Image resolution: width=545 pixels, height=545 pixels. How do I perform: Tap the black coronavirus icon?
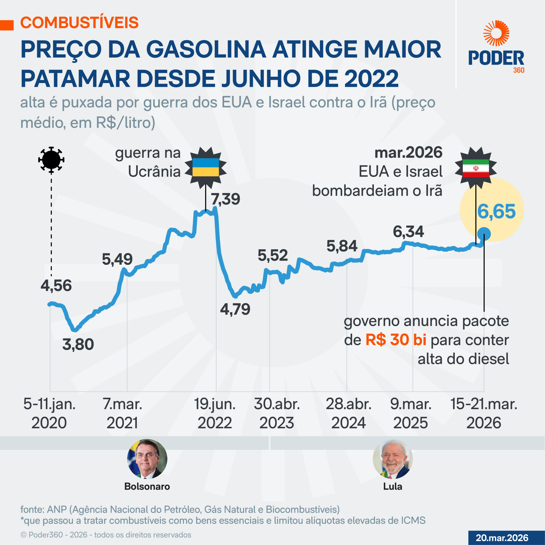pyautogui.click(x=51, y=160)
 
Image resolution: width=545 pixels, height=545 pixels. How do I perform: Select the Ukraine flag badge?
pyautogui.click(x=205, y=167)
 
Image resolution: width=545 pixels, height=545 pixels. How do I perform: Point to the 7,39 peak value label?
pyautogui.click(x=225, y=199)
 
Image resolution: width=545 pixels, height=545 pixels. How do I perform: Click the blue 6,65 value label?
pyautogui.click(x=496, y=212)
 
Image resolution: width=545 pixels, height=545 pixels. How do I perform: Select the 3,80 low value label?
pyautogui.click(x=78, y=344)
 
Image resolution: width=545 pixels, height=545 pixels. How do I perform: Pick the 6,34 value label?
pyautogui.click(x=408, y=232)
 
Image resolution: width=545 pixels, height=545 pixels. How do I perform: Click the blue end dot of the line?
pyautogui.click(x=484, y=234)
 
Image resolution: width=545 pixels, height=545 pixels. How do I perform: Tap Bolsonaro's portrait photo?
pyautogui.click(x=147, y=459)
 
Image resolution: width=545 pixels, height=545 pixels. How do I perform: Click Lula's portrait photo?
pyautogui.click(x=392, y=459)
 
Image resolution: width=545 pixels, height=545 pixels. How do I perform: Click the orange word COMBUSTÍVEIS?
pyautogui.click(x=80, y=23)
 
